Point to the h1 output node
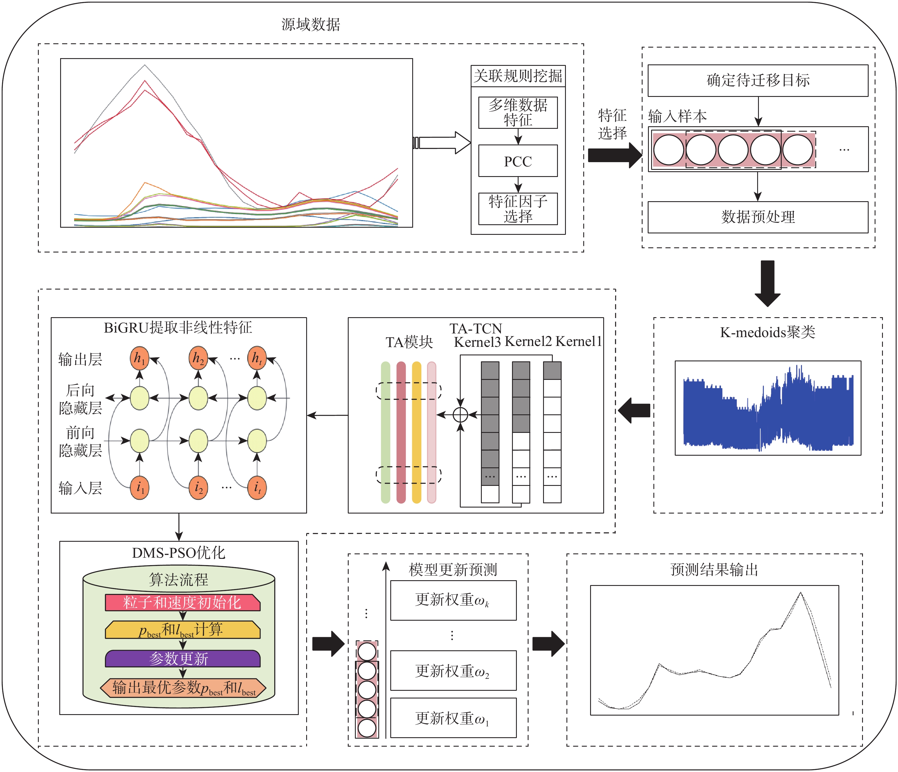(139, 358)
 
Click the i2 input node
(198, 488)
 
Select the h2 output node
(198, 358)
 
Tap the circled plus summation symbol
(460, 415)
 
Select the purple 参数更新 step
(182, 659)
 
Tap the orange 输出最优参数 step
(182, 688)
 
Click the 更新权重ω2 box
(453, 671)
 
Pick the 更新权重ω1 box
(453, 718)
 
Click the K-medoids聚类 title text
(767, 332)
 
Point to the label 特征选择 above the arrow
(612, 124)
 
